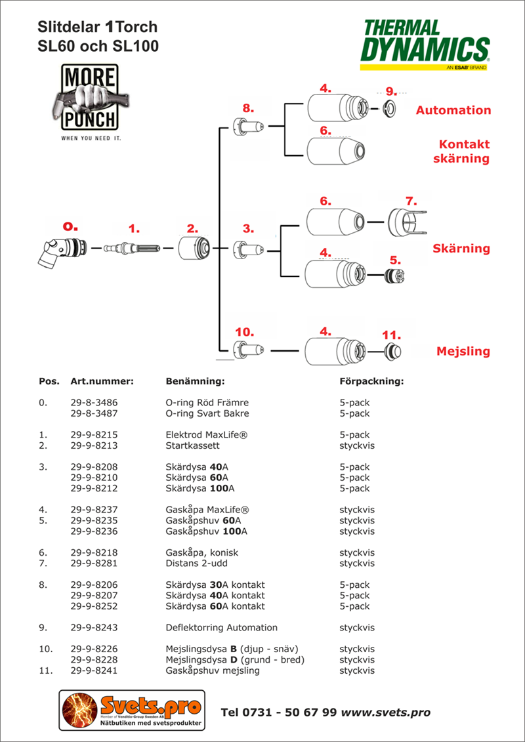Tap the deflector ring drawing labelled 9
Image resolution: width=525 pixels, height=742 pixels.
390,108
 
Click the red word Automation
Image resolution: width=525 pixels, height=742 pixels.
453,110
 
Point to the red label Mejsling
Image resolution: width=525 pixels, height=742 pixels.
463,351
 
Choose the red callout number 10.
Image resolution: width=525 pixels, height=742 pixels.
244,333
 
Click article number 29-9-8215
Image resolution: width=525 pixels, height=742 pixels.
94,434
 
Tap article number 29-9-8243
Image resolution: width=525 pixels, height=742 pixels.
94,627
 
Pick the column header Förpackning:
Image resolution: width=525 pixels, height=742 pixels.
371,381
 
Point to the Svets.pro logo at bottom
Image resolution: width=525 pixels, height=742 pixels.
132,711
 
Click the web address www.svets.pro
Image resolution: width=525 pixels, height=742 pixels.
386,712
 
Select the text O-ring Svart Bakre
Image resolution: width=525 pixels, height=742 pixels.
207,413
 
